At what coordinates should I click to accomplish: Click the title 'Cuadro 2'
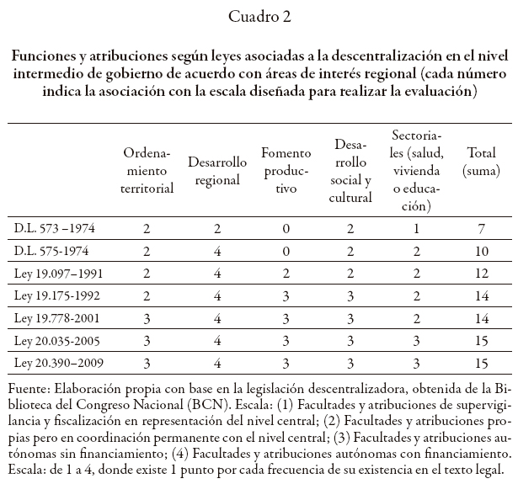click(x=259, y=16)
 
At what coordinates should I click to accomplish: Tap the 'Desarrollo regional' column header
click(x=216, y=171)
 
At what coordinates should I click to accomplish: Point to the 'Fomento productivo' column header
click(x=286, y=171)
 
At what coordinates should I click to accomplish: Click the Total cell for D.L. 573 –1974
click(x=480, y=228)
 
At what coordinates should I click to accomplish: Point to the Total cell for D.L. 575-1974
click(x=480, y=251)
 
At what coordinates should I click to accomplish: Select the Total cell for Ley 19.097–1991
click(x=480, y=273)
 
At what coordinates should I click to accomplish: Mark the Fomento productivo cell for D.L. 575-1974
click(x=286, y=251)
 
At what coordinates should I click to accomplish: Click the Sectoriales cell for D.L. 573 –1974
click(x=416, y=228)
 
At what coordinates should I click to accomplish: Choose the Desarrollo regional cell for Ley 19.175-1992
click(x=216, y=295)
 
